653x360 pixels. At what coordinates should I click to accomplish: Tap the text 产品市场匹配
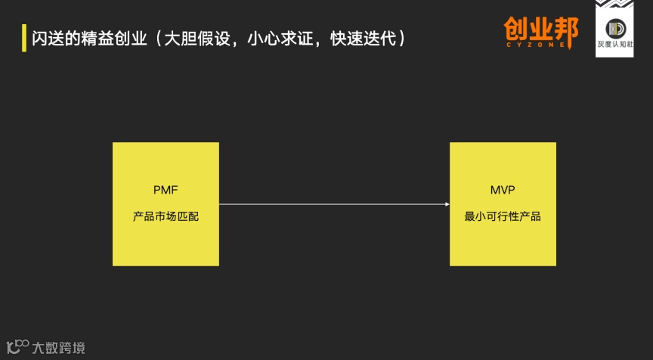coord(166,216)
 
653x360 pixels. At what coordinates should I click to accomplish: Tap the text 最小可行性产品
coord(503,216)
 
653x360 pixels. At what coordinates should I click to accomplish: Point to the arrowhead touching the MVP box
coord(445,203)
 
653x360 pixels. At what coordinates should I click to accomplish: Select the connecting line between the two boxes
coord(333,203)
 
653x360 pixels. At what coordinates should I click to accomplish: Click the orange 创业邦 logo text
coord(541,29)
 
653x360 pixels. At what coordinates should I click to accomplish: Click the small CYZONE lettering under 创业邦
coord(541,46)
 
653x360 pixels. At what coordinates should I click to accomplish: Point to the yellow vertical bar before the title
coord(23,36)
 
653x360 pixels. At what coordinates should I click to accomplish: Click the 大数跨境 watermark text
coord(58,348)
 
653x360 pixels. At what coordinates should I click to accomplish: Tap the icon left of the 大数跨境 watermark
coord(17,346)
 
